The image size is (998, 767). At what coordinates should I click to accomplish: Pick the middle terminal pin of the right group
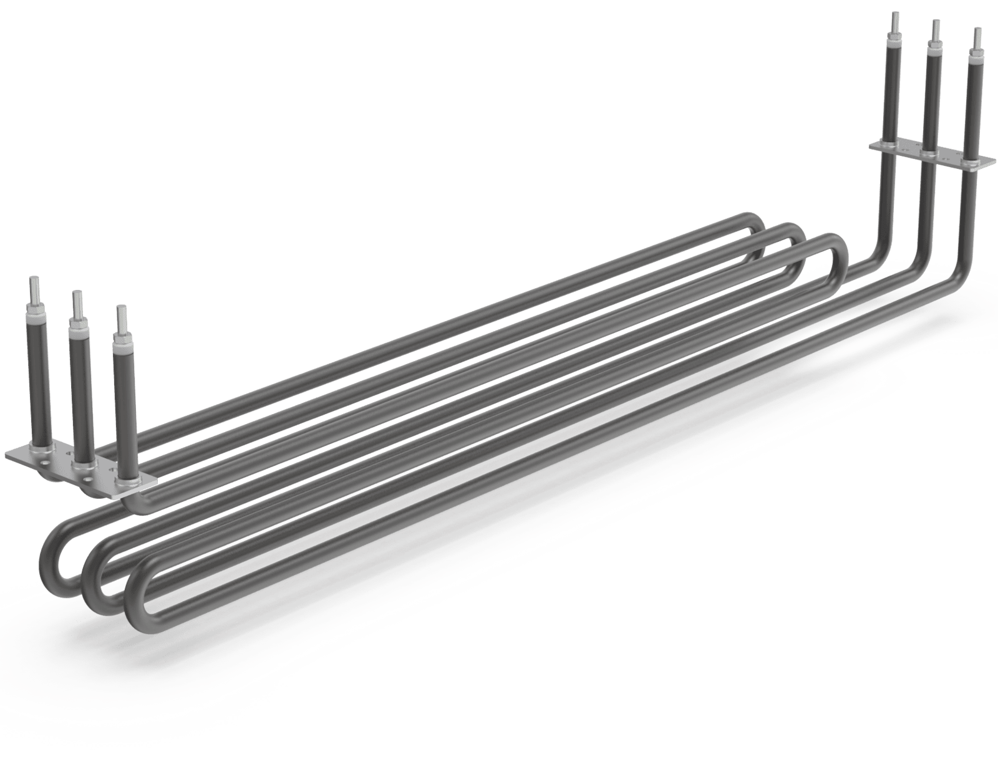coord(936,31)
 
